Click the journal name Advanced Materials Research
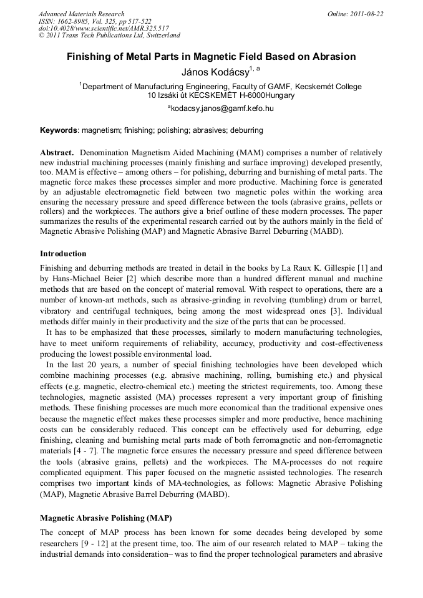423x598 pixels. [81, 14]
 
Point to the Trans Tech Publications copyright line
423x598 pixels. [109, 36]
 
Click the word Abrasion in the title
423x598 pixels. [334, 57]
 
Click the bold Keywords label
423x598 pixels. [59, 130]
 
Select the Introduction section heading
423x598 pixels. [63, 254]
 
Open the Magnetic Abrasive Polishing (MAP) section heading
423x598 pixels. [105, 518]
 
